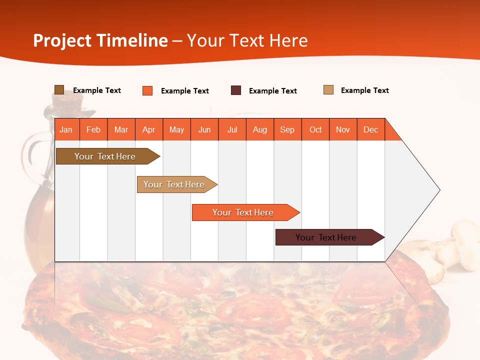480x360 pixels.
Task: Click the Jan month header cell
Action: pyautogui.click(x=66, y=129)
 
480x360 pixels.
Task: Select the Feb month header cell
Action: pyautogui.click(x=93, y=129)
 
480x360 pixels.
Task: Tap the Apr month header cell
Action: pyautogui.click(x=149, y=129)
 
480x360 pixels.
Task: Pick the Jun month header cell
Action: pyautogui.click(x=204, y=129)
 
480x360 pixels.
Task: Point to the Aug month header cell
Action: pyautogui.click(x=260, y=129)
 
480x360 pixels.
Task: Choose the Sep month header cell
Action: pyautogui.click(x=287, y=129)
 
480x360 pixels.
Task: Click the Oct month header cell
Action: pyautogui.click(x=315, y=129)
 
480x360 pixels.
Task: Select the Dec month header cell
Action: pyautogui.click(x=371, y=129)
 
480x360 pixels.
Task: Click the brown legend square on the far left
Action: pyautogui.click(x=59, y=90)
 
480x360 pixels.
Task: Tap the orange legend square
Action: pyautogui.click(x=147, y=90)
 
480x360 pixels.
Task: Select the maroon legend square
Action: pyautogui.click(x=236, y=90)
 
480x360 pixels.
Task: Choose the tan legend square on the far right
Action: pyautogui.click(x=328, y=90)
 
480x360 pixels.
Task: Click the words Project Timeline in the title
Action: pyautogui.click(x=100, y=40)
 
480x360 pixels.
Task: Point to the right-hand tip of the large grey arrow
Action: pyautogui.click(x=439, y=190)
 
